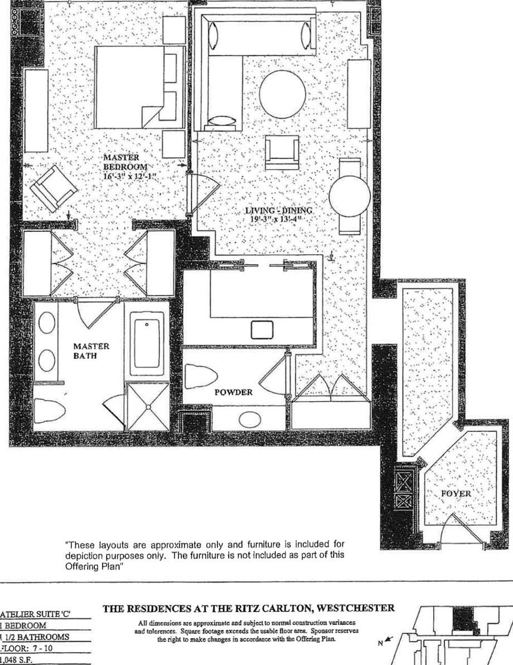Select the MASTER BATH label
pos(91,351)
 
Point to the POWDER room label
pos(234,392)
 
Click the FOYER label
pos(456,494)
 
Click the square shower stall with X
pos(148,406)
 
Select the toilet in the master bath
pos(50,411)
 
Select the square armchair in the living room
pos(282,152)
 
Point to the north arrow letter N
pos(380,643)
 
